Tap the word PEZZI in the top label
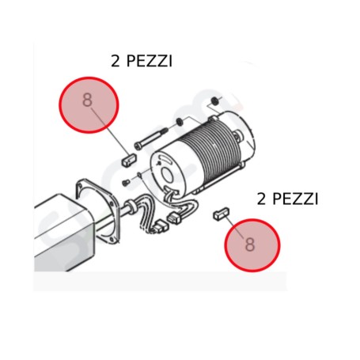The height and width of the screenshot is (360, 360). click(154, 61)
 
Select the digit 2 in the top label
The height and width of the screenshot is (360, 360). click(116, 61)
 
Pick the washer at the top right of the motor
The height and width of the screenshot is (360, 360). click(215, 101)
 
